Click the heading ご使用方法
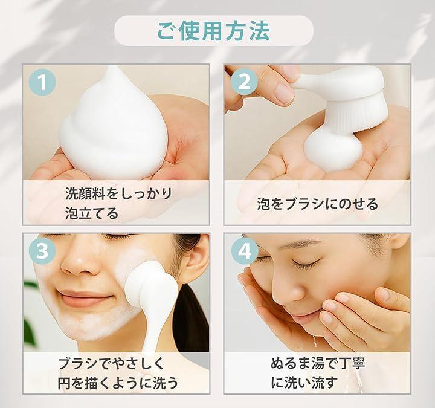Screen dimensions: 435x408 [x=214, y=31]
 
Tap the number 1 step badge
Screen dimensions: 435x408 [x=42, y=82]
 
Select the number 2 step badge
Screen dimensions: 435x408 [x=244, y=82]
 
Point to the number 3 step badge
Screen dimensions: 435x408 [x=42, y=251]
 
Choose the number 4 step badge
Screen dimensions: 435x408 [x=245, y=251]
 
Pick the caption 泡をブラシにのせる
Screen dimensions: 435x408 [x=317, y=204]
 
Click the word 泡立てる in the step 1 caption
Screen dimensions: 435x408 [x=92, y=213]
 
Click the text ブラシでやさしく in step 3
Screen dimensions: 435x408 [x=111, y=364]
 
